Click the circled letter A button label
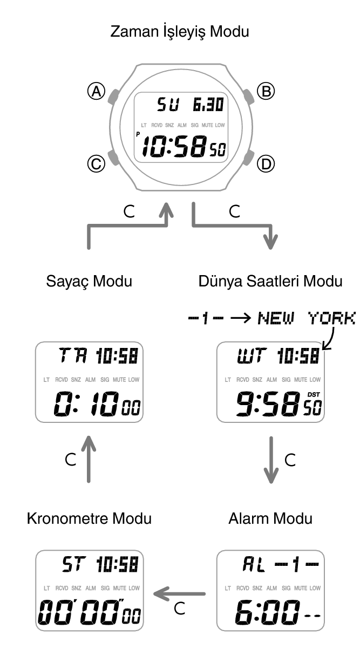[96, 91]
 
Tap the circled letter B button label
[266, 91]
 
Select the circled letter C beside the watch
[96, 164]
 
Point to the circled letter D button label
[266, 164]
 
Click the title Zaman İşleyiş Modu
[180, 32]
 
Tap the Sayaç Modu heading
[89, 282]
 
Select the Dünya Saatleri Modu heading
[270, 281]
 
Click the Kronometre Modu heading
[89, 518]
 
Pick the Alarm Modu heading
[270, 518]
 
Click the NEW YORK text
[307, 318]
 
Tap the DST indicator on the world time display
[314, 395]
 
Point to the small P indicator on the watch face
[138, 134]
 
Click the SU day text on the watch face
[168, 105]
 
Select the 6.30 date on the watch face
[209, 105]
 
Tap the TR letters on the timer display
[73, 356]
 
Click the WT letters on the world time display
[252, 356]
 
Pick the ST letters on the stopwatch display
[74, 564]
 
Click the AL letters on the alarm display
[254, 564]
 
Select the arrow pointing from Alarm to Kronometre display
[179, 594]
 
